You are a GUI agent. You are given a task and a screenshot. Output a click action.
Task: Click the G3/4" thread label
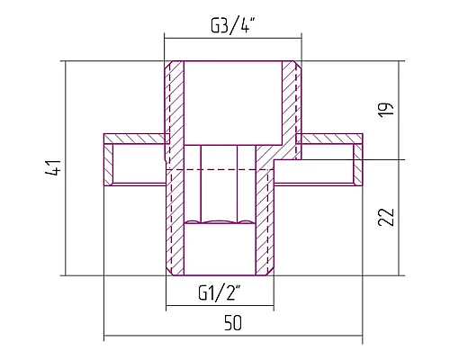pyautogui.click(x=230, y=26)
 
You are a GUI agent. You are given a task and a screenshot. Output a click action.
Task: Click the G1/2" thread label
pyautogui.click(x=220, y=293)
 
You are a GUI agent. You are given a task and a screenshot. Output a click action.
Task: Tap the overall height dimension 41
pyautogui.click(x=54, y=167)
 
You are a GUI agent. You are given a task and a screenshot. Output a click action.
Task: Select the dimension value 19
pyautogui.click(x=386, y=110)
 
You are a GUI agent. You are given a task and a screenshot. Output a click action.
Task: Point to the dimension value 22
pyautogui.click(x=386, y=217)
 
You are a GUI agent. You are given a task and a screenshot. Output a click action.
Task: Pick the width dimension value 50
pyautogui.click(x=233, y=323)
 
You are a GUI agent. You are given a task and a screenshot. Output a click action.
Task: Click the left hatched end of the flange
pyautogui.click(x=108, y=165)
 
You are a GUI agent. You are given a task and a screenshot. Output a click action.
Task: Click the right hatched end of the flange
pyautogui.click(x=358, y=165)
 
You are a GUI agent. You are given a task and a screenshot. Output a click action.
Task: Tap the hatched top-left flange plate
pyautogui.click(x=134, y=139)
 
